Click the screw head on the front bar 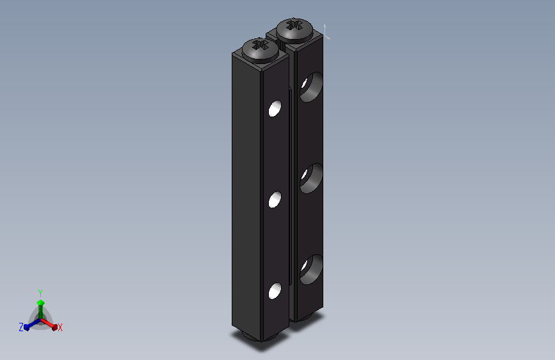tap(260, 51)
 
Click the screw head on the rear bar tap(294, 31)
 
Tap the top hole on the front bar tap(275, 108)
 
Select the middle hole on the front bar tap(275, 199)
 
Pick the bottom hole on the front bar tap(275, 291)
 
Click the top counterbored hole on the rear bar tap(311, 87)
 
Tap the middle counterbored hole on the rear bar tap(311, 178)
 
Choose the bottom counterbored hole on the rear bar tap(311, 269)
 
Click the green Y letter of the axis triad tap(40, 293)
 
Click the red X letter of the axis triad tap(60, 327)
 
